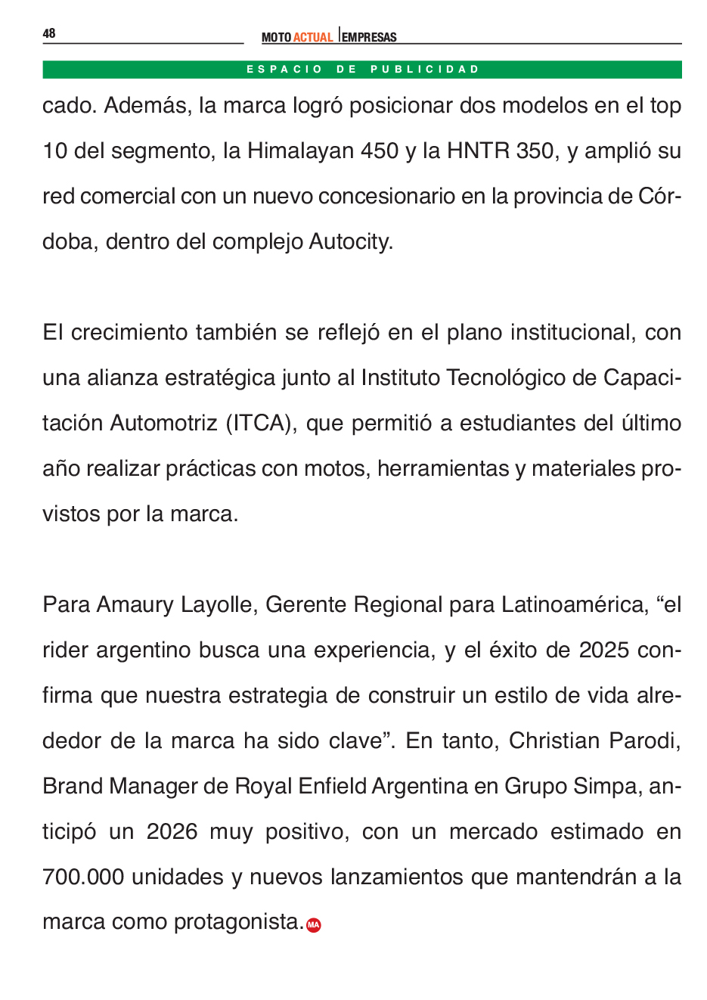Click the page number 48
point(49,33)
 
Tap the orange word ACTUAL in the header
point(313,37)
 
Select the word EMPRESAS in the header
point(369,37)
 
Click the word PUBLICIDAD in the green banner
point(425,70)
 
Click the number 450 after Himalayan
point(380,151)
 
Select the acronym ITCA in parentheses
point(262,424)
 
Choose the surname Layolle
point(217,605)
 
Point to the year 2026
point(172,832)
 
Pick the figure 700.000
point(83,877)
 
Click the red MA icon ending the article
point(314,924)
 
